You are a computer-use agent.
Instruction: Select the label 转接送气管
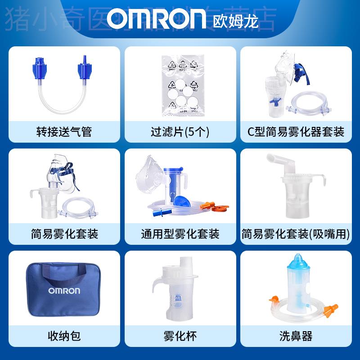tap(64, 132)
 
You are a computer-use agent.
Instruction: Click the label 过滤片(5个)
tap(180, 132)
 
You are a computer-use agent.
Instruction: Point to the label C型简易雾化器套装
tap(296, 132)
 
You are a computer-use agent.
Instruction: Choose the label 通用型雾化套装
tap(180, 234)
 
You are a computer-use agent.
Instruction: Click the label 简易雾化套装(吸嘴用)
tap(296, 234)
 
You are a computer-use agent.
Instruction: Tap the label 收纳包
tap(64, 336)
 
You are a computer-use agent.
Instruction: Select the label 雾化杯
tap(180, 336)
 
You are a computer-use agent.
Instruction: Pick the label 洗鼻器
tap(296, 336)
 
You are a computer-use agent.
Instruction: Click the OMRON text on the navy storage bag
tap(64, 290)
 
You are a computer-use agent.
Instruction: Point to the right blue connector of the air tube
tap(84, 70)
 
